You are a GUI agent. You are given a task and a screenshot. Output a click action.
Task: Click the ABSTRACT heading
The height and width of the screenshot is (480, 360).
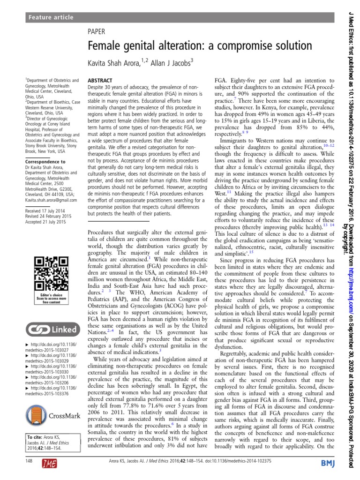click(100, 81)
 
